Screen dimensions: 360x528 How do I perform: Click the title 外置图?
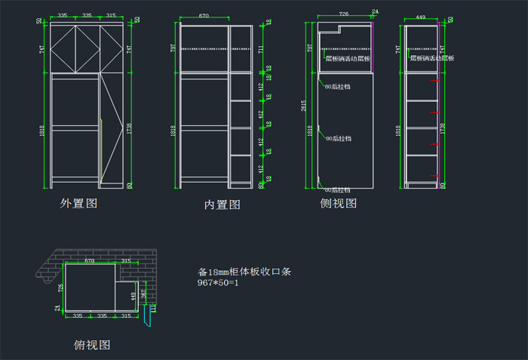click(x=79, y=203)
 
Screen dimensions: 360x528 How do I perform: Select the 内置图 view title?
click(x=223, y=204)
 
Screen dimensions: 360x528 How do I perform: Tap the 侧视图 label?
click(x=338, y=203)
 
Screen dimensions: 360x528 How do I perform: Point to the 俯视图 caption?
click(x=92, y=345)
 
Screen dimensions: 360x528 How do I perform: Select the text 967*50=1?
click(x=218, y=283)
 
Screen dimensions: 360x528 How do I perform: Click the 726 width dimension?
click(x=344, y=14)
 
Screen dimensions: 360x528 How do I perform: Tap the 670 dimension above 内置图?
click(x=204, y=15)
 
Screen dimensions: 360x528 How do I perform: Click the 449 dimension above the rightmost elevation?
click(x=421, y=15)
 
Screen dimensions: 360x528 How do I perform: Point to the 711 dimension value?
click(x=261, y=50)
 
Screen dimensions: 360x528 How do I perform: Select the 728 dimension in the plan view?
click(x=60, y=288)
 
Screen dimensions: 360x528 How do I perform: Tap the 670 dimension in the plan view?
click(x=89, y=261)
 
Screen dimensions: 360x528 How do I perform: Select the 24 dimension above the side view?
click(x=375, y=11)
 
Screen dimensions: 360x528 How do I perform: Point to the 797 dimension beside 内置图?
click(x=173, y=48)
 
